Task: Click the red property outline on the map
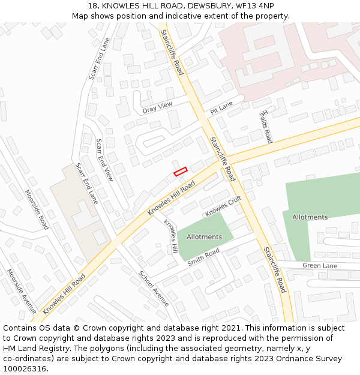(181, 171)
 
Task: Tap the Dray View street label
(157, 107)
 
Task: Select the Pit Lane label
(221, 108)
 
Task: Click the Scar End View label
(104, 160)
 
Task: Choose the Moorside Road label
(37, 209)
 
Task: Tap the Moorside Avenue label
(22, 290)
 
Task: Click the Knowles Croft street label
(223, 206)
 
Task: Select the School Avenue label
(154, 289)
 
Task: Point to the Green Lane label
(320, 265)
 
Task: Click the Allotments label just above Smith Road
(204, 236)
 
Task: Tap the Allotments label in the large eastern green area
(310, 217)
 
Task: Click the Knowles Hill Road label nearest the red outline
(172, 199)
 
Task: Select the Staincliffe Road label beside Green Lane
(274, 269)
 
